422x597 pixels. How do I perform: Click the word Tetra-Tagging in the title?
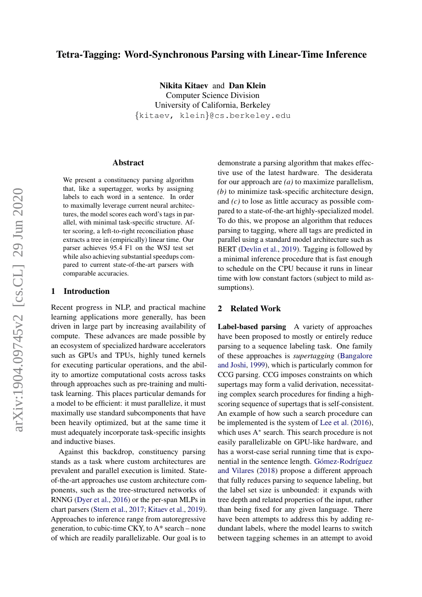point(86,55)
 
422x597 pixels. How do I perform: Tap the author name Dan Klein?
point(247,85)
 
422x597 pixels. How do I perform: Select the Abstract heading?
point(128,163)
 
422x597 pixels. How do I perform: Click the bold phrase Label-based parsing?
point(252,327)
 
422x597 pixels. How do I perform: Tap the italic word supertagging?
point(307,356)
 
